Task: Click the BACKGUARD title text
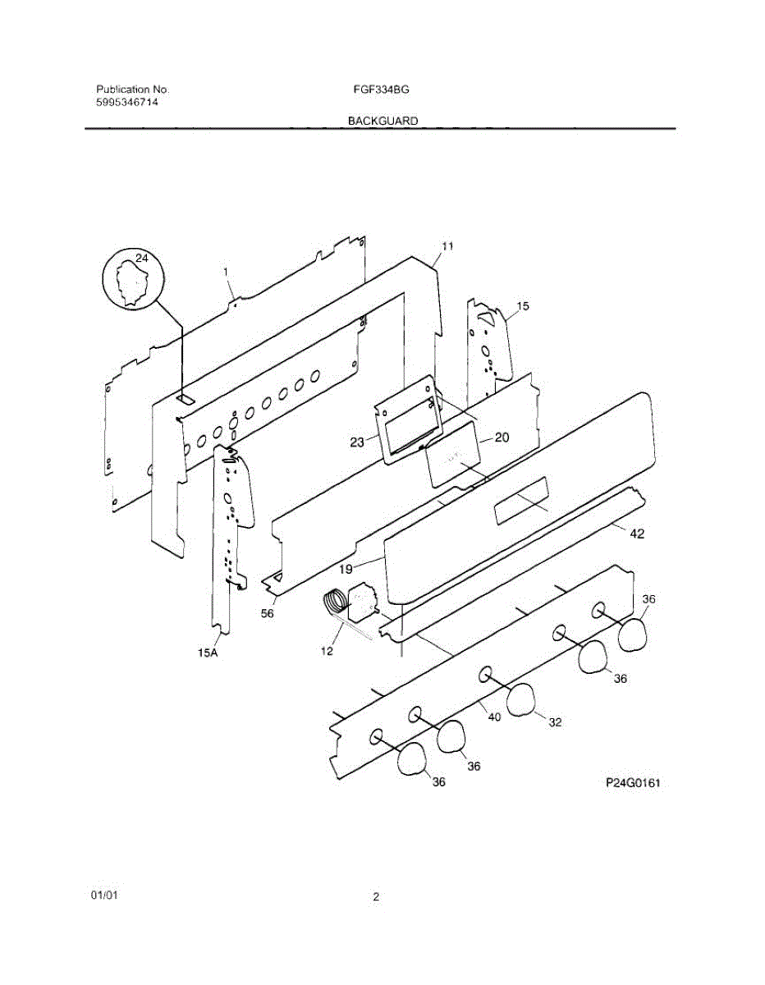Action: [382, 121]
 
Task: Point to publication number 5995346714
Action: [127, 103]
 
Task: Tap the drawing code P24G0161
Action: [633, 782]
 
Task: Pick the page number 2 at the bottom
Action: [377, 897]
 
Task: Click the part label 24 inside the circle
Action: [142, 259]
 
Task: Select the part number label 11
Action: [447, 245]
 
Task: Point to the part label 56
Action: [268, 613]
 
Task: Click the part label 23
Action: [357, 442]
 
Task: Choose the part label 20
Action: [500, 438]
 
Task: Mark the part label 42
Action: [636, 534]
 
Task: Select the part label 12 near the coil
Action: [326, 651]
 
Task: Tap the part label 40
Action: [493, 716]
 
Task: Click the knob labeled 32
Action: [521, 699]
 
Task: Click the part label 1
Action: [225, 271]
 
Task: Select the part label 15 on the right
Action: [522, 306]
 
